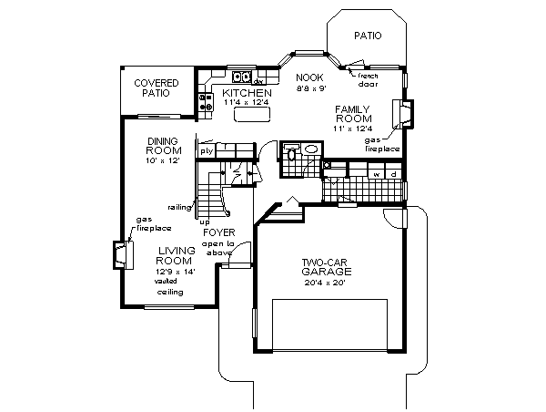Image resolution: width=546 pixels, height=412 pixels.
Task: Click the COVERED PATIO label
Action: point(156,88)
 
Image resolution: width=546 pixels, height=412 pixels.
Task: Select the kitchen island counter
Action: point(249,116)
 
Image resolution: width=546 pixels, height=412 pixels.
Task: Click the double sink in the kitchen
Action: point(241,77)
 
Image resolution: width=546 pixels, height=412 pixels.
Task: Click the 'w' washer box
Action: point(375,172)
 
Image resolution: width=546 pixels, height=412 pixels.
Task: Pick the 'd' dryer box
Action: point(393,172)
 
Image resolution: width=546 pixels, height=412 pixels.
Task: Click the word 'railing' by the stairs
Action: point(178,207)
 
